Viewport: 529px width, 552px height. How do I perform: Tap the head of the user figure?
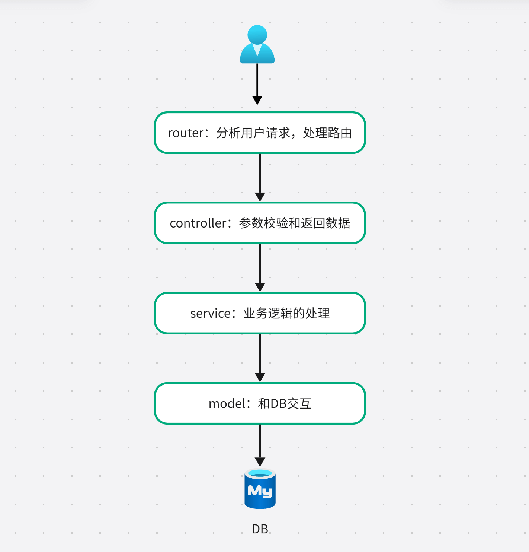tap(257, 34)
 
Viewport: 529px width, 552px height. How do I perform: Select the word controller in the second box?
tap(198, 223)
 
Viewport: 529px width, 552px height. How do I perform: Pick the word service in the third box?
tap(210, 314)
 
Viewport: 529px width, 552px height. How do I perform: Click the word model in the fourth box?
tap(227, 404)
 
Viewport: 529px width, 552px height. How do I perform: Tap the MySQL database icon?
tap(260, 489)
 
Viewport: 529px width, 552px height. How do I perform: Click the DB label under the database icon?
tap(260, 529)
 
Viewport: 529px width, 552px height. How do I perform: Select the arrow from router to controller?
tap(260, 177)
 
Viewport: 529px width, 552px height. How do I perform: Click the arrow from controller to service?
tap(260, 267)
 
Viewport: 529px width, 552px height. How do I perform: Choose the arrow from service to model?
tap(260, 358)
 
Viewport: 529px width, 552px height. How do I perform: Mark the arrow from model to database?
tap(260, 445)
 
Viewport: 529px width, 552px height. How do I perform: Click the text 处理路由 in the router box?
tap(327, 133)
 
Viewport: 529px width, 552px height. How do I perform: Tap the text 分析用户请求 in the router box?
tap(253, 133)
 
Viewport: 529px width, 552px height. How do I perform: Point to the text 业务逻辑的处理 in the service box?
tap(286, 314)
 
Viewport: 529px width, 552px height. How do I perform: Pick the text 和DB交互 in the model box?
tap(285, 404)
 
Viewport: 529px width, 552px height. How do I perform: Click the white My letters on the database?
tap(260, 491)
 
